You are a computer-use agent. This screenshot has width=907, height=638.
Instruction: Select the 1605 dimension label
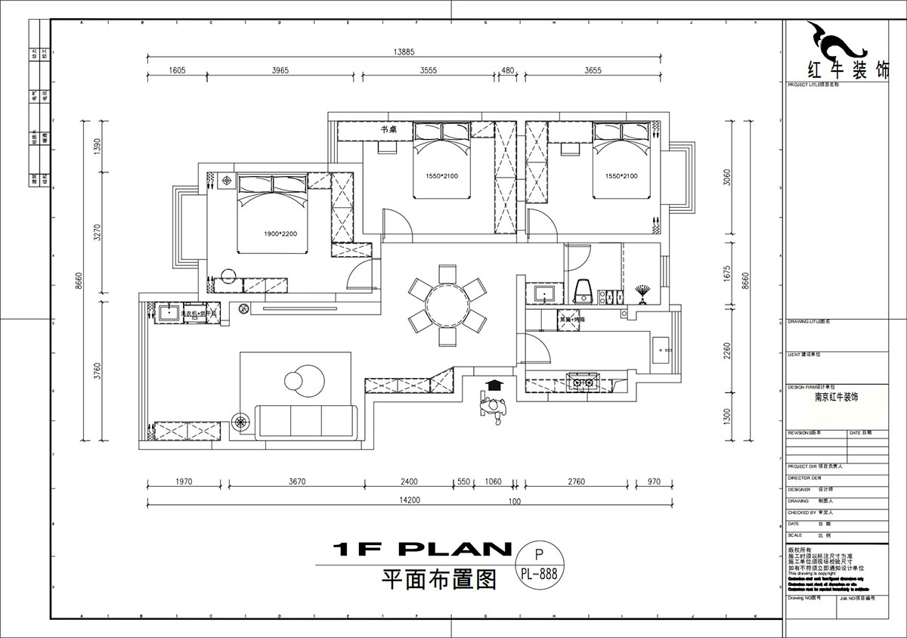click(177, 70)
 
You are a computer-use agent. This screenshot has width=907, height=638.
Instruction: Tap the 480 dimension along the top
click(508, 70)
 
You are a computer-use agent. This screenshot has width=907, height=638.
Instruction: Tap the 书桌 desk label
click(388, 130)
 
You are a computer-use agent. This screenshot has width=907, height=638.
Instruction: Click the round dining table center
click(447, 305)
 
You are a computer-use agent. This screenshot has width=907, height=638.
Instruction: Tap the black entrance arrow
click(494, 386)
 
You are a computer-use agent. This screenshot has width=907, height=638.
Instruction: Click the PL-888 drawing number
click(539, 574)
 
